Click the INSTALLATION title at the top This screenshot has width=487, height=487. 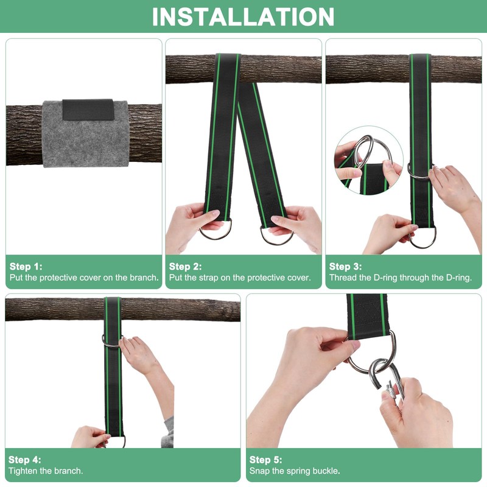click(x=243, y=17)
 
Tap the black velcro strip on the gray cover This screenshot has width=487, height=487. click(x=88, y=110)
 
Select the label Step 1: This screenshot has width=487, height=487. click(x=26, y=267)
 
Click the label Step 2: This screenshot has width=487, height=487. click(x=186, y=267)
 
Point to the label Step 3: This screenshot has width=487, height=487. click(x=345, y=267)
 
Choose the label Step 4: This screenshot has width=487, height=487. click(x=25, y=460)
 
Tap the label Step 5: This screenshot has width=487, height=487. click(x=266, y=460)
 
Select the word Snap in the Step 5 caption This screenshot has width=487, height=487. click(x=259, y=471)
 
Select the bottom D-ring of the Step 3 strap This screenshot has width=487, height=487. click(x=422, y=240)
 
